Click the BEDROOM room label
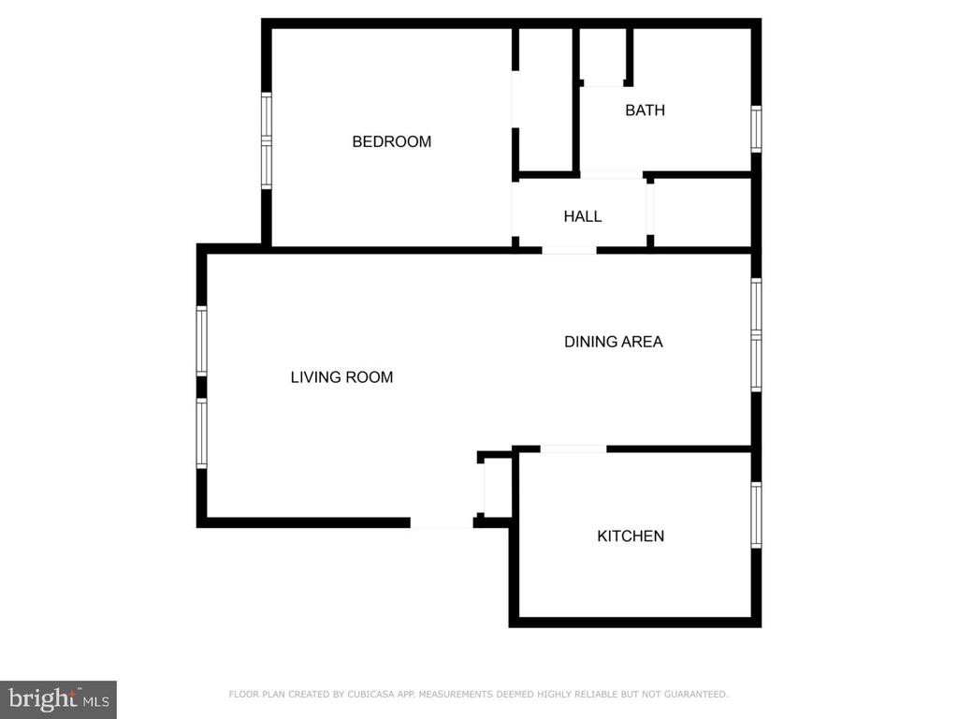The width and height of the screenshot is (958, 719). [x=392, y=142]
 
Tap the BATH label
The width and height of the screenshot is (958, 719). [x=646, y=110]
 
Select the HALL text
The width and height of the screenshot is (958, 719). [x=582, y=216]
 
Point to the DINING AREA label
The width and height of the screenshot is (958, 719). [x=614, y=342]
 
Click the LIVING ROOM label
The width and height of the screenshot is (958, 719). [x=341, y=377]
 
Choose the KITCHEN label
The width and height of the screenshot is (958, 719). [x=631, y=536]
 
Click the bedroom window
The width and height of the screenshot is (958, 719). [x=267, y=140]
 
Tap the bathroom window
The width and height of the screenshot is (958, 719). [x=756, y=129]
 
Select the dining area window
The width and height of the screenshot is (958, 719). [x=756, y=334]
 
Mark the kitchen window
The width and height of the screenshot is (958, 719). [x=756, y=515]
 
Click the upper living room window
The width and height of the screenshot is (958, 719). [x=202, y=341]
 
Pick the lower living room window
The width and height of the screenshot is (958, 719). [x=202, y=433]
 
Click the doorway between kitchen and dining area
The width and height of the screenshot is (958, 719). [x=573, y=449]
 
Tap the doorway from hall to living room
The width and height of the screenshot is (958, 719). [x=569, y=250]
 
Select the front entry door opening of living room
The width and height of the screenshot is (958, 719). [x=442, y=522]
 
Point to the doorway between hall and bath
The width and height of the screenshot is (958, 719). [x=611, y=175]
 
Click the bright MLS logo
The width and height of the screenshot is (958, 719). [x=59, y=699]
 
